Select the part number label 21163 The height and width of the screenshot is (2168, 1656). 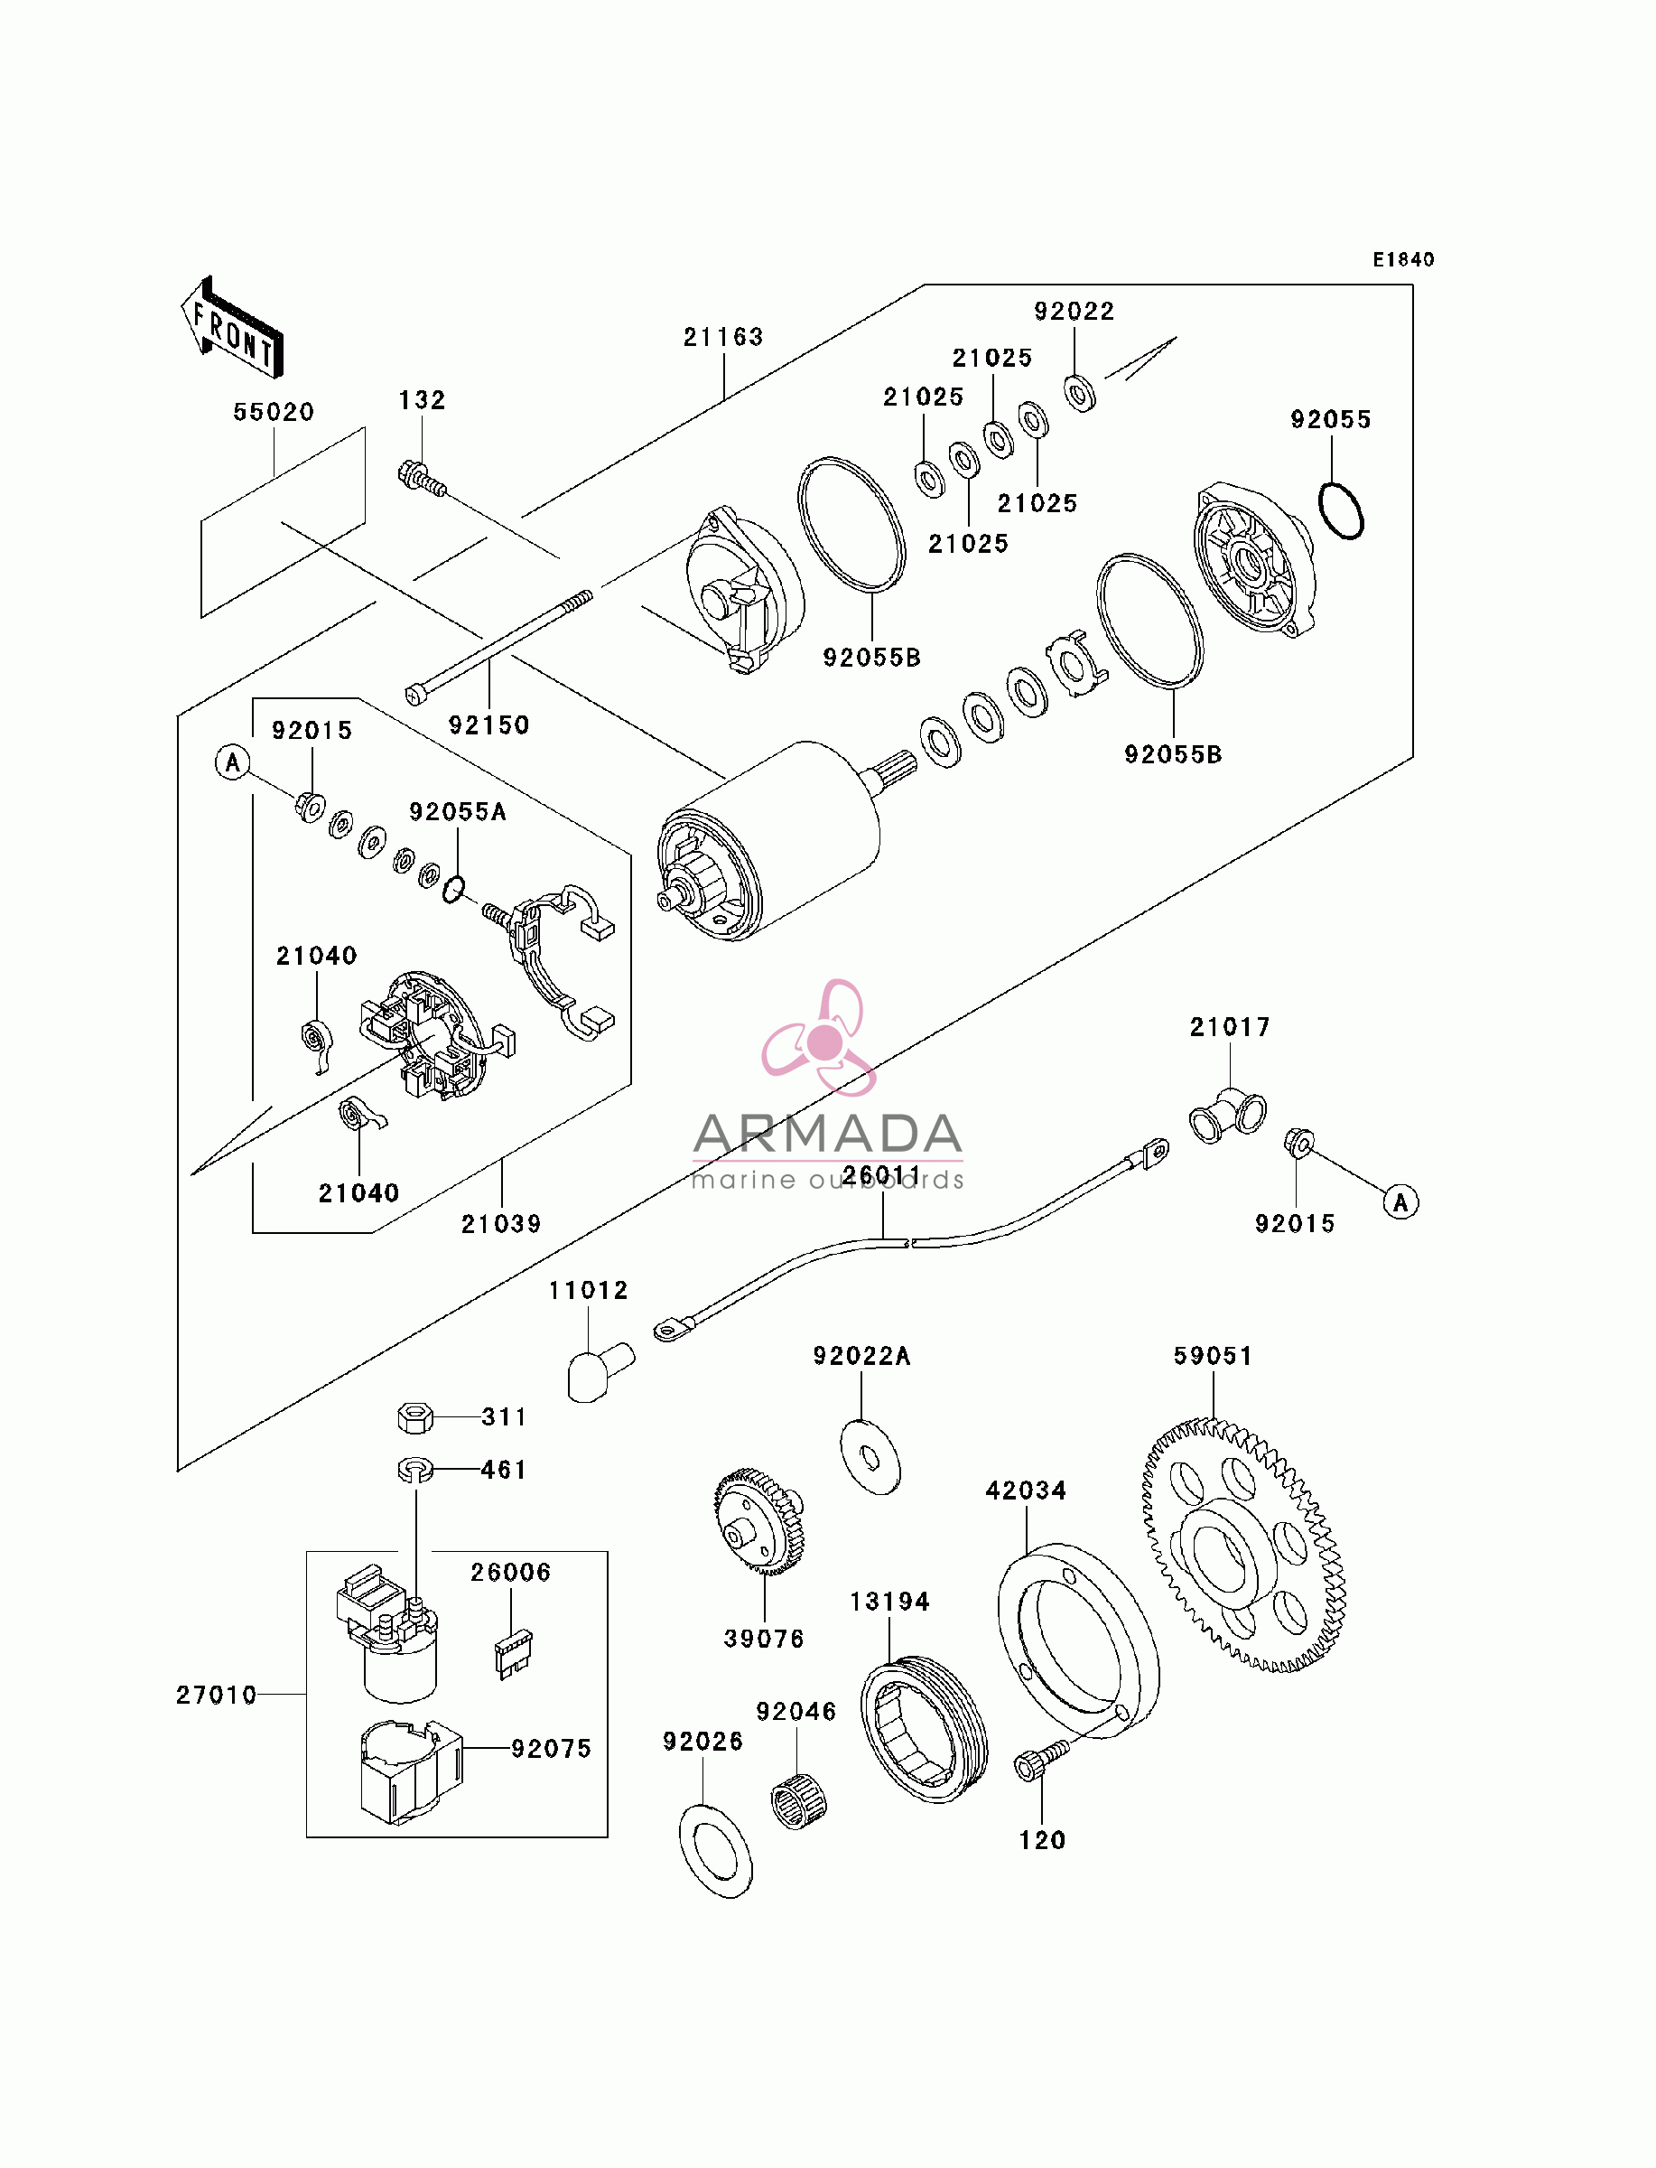pyautogui.click(x=723, y=337)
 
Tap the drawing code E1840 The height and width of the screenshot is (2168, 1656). pyautogui.click(x=1404, y=259)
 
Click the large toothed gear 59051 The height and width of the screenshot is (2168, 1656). pyautogui.click(x=1244, y=1546)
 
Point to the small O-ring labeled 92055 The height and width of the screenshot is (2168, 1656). pyautogui.click(x=1341, y=510)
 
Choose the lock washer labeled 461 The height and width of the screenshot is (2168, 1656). pyautogui.click(x=415, y=1470)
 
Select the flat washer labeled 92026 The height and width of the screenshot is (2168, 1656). pyautogui.click(x=717, y=1852)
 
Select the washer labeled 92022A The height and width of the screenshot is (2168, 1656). pyautogui.click(x=870, y=1458)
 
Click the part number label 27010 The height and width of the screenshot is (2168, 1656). pyautogui.click(x=216, y=1695)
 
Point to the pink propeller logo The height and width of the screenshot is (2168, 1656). pyautogui.click(x=820, y=1037)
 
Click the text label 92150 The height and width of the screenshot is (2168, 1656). pyautogui.click(x=488, y=725)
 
